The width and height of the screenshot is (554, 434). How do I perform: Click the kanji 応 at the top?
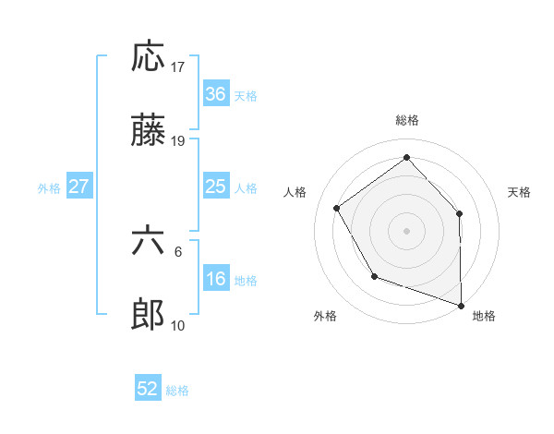[x=149, y=57]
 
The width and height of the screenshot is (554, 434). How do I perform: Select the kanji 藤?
[x=149, y=132]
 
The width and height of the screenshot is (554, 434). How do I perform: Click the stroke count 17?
[x=179, y=67]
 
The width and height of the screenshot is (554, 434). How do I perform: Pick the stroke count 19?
[x=179, y=141]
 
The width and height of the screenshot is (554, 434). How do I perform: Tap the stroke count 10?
[x=179, y=326]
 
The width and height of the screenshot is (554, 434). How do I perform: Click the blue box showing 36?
[x=215, y=94]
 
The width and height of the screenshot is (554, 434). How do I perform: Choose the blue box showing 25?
[x=215, y=187]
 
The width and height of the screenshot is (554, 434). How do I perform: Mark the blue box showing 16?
[x=215, y=280]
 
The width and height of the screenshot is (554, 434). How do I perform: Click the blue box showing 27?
[x=78, y=187]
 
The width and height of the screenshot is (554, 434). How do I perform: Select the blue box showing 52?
[x=148, y=390]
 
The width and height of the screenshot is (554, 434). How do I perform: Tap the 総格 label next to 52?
[x=177, y=391]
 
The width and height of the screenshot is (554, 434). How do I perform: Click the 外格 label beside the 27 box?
[x=49, y=188]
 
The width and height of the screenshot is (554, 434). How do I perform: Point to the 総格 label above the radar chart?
[x=407, y=120]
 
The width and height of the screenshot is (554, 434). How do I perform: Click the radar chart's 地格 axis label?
[x=484, y=316]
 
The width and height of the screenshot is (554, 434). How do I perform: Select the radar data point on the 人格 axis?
[x=337, y=208]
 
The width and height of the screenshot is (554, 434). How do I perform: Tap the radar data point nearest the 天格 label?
[x=460, y=213]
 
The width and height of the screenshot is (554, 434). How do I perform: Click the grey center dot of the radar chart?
[x=407, y=230]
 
